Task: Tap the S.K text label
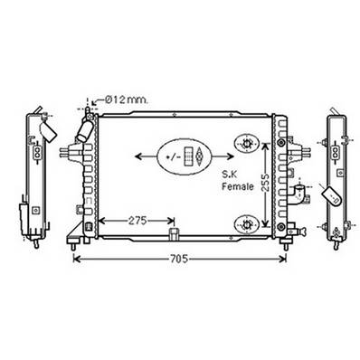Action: [x=233, y=171]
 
